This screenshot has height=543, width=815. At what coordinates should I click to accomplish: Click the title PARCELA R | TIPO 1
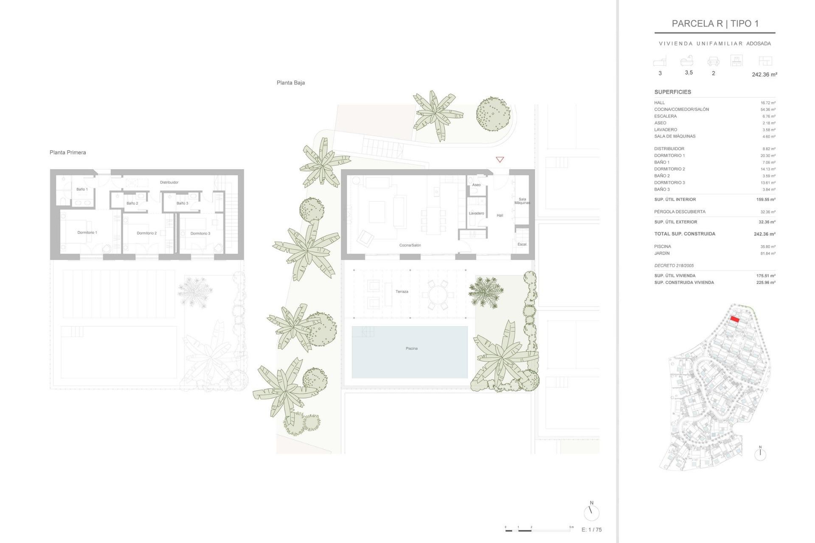pyautogui.click(x=715, y=24)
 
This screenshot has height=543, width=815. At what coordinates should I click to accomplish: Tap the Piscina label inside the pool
pyautogui.click(x=411, y=349)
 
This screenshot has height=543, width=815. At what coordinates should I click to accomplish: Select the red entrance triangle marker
pyautogui.click(x=500, y=160)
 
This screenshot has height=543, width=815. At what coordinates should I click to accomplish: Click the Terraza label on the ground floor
pyautogui.click(x=402, y=292)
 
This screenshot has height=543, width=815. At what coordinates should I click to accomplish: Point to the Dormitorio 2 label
pyautogui.click(x=146, y=233)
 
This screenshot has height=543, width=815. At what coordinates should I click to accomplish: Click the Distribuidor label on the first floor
pyautogui.click(x=169, y=182)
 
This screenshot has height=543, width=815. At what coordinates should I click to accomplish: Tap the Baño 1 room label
pyautogui.click(x=82, y=189)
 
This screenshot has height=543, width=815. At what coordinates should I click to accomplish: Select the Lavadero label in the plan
pyautogui.click(x=476, y=213)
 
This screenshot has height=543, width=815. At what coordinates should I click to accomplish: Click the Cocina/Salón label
pyautogui.click(x=410, y=245)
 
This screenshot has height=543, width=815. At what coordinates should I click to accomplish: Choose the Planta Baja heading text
pyautogui.click(x=290, y=83)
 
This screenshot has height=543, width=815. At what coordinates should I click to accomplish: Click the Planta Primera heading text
pyautogui.click(x=67, y=152)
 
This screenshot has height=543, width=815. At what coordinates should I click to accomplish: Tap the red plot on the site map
pyautogui.click(x=735, y=319)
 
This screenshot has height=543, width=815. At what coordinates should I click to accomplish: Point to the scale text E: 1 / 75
pyautogui.click(x=591, y=530)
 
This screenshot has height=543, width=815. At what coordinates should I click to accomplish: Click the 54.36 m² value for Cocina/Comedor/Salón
pyautogui.click(x=767, y=109)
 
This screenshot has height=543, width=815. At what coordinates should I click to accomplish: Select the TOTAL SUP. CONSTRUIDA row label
pyautogui.click(x=684, y=234)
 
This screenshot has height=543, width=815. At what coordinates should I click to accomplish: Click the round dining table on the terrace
pyautogui.click(x=438, y=294)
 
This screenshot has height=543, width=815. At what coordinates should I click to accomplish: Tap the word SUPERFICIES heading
pyautogui.click(x=672, y=92)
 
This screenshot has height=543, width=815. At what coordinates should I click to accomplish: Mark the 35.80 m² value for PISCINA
pyautogui.click(x=767, y=246)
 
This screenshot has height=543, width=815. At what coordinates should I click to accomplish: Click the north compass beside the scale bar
pyautogui.click(x=591, y=512)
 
